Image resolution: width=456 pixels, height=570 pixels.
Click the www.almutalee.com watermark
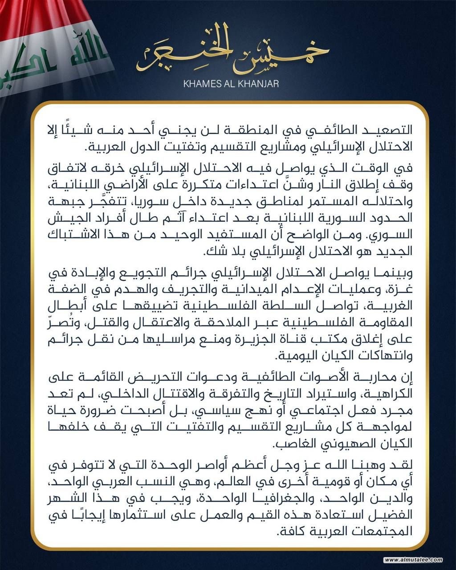point(414,560)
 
